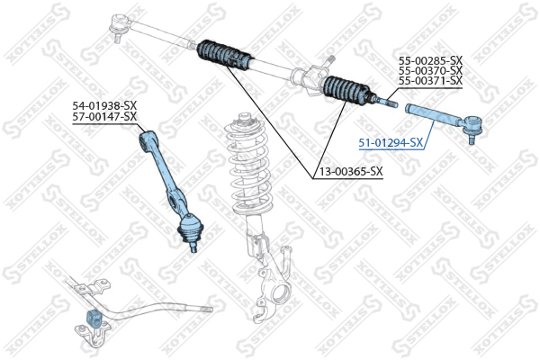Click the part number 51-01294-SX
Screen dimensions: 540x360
coord(391,142)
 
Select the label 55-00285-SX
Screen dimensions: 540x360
coord(430,60)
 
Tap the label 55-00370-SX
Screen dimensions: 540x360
coord(430,70)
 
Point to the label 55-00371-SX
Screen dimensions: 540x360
coord(430,81)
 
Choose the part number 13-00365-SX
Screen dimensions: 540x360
coord(351,171)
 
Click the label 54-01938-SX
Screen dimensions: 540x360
coord(104,105)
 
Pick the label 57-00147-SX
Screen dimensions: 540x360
coord(104,116)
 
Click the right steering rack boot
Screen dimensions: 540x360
coord(347,90)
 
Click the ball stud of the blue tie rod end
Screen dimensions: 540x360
coord(471,139)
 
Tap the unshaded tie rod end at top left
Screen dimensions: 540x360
coord(120,25)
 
